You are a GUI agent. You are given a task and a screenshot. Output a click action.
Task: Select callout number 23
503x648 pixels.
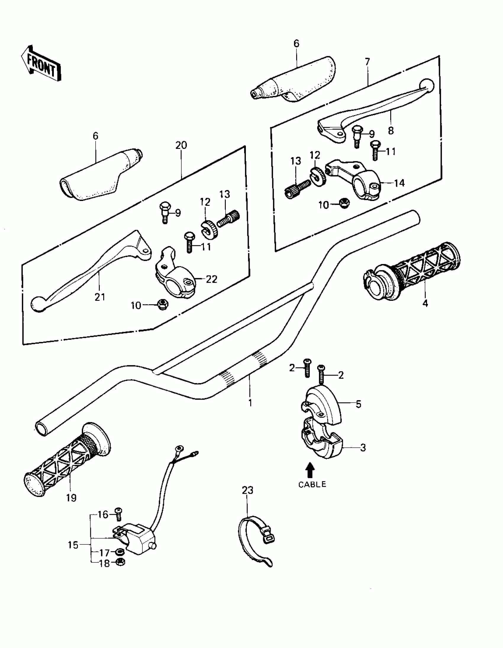pyautogui.click(x=247, y=499)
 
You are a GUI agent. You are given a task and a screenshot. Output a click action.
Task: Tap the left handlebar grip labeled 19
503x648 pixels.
pyautogui.click(x=65, y=463)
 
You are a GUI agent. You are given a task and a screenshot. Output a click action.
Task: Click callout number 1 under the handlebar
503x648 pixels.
pyautogui.click(x=250, y=403)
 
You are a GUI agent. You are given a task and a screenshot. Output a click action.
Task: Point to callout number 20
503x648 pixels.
pyautogui.click(x=181, y=145)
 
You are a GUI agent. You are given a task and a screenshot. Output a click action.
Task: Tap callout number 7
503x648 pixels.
pyautogui.click(x=367, y=62)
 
